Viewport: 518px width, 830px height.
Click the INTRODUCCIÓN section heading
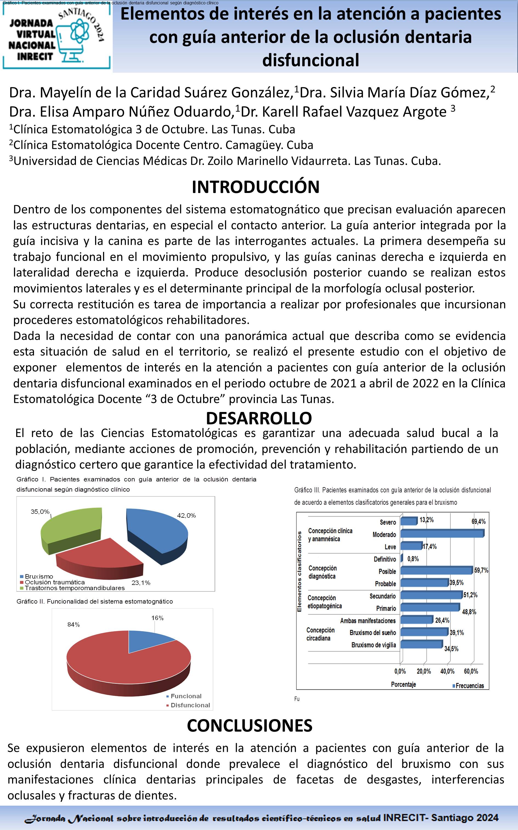(x=255, y=187)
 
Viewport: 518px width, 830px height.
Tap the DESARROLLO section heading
(x=259, y=418)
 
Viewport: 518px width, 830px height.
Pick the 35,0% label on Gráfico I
(x=40, y=512)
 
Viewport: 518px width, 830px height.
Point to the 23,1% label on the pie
(x=141, y=583)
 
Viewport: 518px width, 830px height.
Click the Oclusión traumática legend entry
(x=55, y=582)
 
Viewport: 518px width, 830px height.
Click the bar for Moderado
(x=442, y=533)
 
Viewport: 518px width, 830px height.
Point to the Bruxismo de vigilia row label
(x=373, y=645)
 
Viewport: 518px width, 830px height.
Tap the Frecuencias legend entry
(x=469, y=686)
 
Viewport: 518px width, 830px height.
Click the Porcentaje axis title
(x=403, y=685)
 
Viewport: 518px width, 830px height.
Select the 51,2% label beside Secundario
(x=470, y=595)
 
